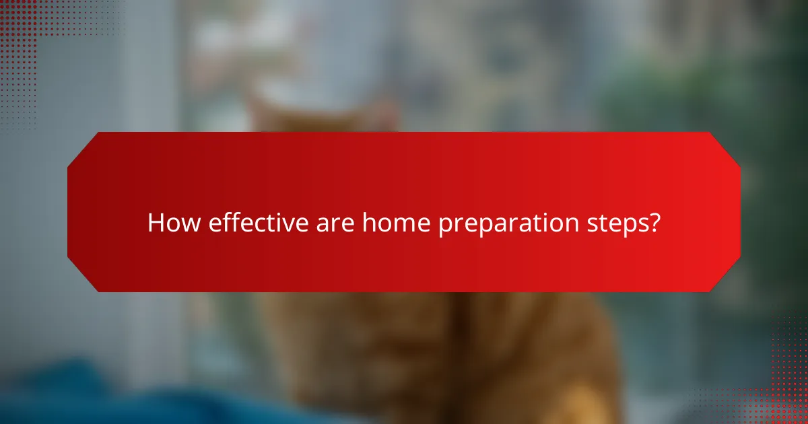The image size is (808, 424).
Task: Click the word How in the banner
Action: click(x=174, y=223)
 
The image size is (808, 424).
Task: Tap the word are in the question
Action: click(x=335, y=223)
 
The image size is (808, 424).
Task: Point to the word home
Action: click(x=397, y=223)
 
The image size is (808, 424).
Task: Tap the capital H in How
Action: click(x=156, y=223)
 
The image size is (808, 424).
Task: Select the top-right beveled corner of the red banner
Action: click(x=725, y=147)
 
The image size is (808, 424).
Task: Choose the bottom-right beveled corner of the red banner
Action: click(x=725, y=277)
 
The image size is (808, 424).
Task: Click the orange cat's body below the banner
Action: click(x=431, y=357)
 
